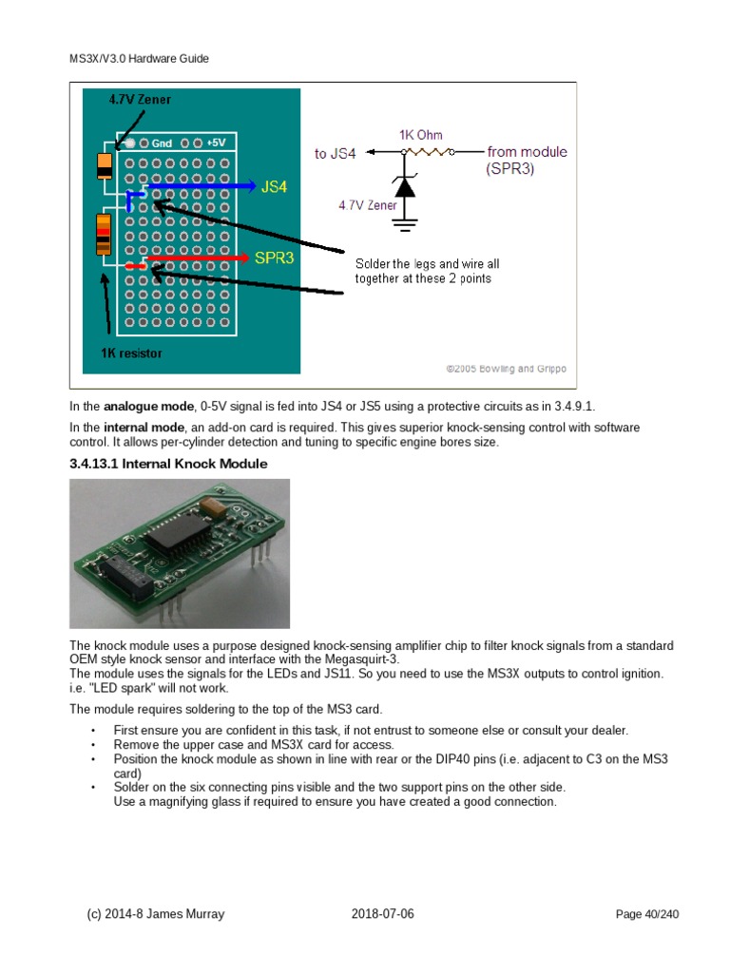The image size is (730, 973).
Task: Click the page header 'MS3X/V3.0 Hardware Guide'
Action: tap(139, 59)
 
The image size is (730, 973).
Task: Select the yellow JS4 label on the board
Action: tap(274, 187)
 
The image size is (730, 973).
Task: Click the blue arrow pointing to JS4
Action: tap(200, 186)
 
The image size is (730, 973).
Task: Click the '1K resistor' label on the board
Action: tap(131, 353)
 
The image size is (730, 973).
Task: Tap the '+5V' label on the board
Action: tap(216, 143)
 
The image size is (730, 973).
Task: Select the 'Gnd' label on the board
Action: tap(161, 143)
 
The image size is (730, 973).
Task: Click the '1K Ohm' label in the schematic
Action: tap(420, 135)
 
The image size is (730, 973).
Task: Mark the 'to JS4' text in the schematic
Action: tap(336, 153)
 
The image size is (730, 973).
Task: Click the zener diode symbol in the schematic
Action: tap(406, 187)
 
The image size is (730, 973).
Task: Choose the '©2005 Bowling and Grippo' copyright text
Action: tap(506, 368)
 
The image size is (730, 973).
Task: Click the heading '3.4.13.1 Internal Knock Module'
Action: tap(168, 464)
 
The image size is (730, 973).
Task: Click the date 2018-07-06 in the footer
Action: tap(382, 914)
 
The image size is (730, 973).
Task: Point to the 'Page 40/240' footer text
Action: tap(647, 915)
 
